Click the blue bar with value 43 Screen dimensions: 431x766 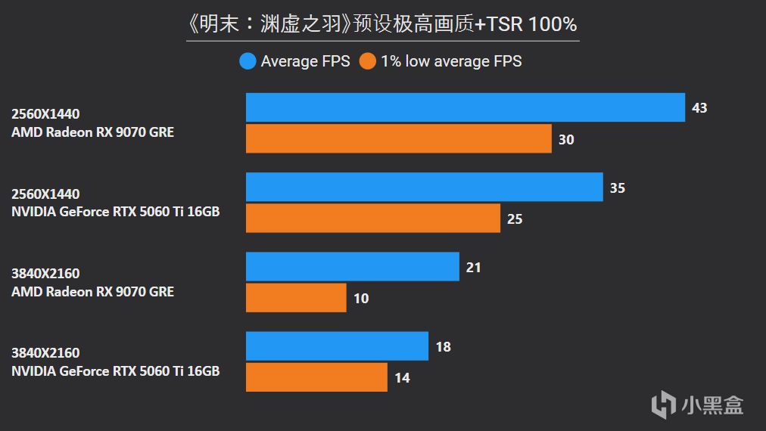[x=465, y=107]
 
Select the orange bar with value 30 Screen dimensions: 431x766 [x=398, y=139]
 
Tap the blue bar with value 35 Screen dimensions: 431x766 [x=424, y=187]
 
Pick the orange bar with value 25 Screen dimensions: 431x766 [x=372, y=219]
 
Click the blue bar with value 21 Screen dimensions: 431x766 [x=352, y=266]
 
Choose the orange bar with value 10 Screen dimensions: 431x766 [x=296, y=298]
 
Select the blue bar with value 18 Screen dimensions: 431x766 [x=337, y=346]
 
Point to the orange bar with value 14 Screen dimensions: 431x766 [x=316, y=377]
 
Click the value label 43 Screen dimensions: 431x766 [x=699, y=108]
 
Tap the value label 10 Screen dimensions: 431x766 [x=361, y=299]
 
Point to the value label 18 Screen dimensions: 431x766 [x=444, y=347]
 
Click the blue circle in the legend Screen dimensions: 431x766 [x=248, y=61]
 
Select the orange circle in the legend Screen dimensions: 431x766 [x=368, y=61]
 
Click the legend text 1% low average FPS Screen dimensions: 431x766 [x=451, y=61]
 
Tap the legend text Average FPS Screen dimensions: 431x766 [x=305, y=61]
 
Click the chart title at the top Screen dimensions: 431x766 [x=382, y=24]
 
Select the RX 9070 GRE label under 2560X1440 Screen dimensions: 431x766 [x=92, y=132]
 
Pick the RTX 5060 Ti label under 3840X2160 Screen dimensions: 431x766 [x=115, y=371]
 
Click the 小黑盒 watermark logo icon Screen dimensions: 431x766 [x=664, y=404]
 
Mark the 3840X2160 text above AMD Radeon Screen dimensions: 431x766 [x=45, y=274]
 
